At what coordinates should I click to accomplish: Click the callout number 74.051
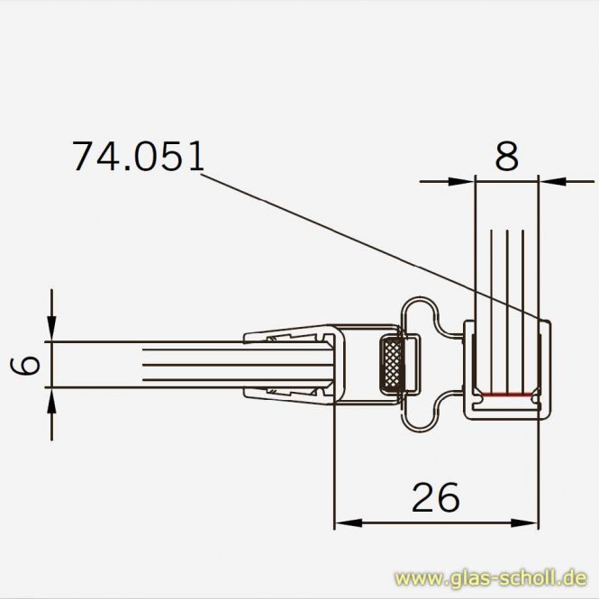[x=138, y=156]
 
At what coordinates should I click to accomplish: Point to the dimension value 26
[x=435, y=496]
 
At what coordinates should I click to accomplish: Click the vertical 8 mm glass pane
[x=506, y=270]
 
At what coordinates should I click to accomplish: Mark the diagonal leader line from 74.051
[x=360, y=239]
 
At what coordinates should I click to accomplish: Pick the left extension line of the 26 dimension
[x=335, y=468]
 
